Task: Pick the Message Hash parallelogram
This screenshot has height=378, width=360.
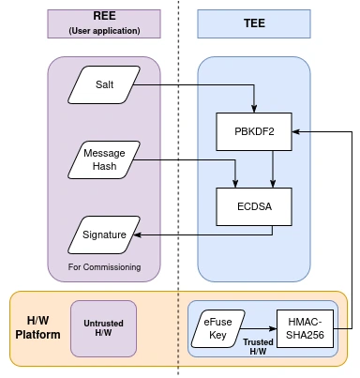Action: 104,159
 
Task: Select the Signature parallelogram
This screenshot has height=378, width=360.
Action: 104,234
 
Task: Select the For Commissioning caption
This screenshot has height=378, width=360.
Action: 104,267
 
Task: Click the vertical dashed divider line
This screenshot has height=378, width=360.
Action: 179,188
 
